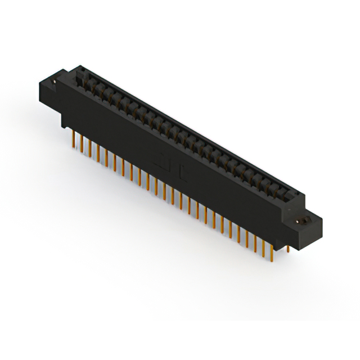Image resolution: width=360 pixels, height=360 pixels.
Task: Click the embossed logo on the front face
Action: (168, 164)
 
